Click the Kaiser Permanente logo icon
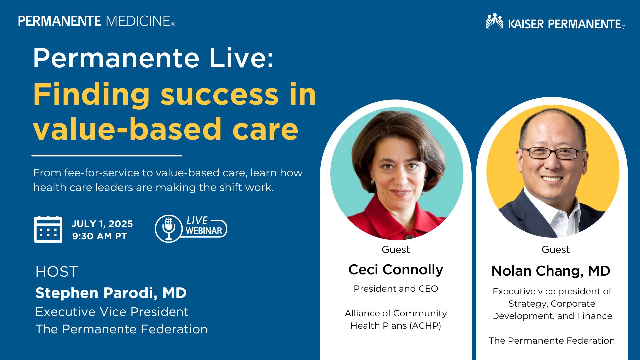pos(495,21)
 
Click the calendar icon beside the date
pos(48,229)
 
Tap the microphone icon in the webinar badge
pos(169,228)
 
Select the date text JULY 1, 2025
pos(102,224)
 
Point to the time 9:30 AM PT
pos(100,236)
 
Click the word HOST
pos(57,272)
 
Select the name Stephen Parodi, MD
pos(111,293)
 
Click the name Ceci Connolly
pos(396,270)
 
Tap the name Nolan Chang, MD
pos(551,271)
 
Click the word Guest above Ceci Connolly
pos(396,249)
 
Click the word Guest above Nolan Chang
pos(556,249)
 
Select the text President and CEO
pos(396,289)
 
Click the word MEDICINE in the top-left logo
pos(138,21)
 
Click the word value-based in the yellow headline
pos(127,129)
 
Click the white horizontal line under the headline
pos(107,155)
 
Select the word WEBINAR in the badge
pos(204,231)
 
